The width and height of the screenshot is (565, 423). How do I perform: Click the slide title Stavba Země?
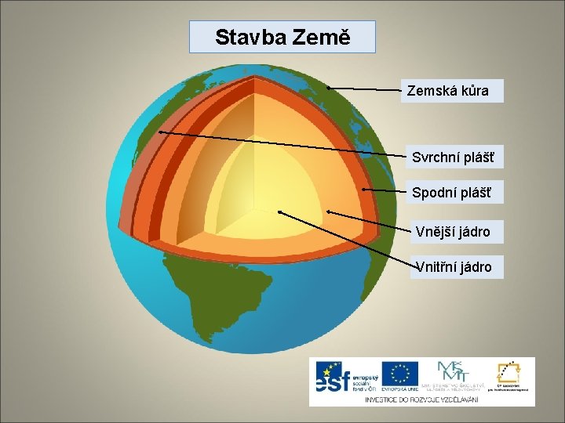282,37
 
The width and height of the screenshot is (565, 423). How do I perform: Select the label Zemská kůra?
453,91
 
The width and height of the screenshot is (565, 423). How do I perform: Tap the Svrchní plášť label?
453,157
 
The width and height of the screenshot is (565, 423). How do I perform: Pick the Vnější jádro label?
453,231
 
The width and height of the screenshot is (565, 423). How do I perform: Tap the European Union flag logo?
399,376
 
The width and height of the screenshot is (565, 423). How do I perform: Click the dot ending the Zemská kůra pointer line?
328,87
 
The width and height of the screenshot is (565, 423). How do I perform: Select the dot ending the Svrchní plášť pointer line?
159,132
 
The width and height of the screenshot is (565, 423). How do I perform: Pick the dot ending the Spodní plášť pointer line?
364,188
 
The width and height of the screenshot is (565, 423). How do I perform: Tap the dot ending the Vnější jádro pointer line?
328,211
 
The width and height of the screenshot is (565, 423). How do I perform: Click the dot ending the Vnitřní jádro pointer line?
280,212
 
